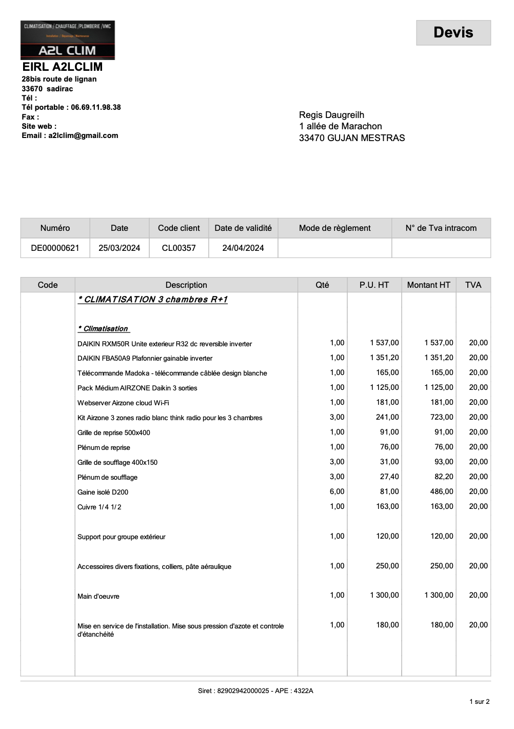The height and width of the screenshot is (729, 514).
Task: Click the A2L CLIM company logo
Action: tap(68, 40)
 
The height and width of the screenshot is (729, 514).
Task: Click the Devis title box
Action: tap(453, 33)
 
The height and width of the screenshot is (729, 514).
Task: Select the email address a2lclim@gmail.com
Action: tap(83, 135)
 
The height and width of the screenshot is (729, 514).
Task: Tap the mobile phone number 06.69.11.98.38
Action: tap(96, 107)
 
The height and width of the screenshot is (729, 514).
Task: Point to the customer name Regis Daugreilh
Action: tap(331, 115)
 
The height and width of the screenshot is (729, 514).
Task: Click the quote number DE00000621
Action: tap(55, 248)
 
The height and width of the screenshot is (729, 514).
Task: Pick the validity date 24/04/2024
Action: tap(243, 248)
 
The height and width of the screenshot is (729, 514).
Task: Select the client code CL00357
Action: tap(179, 248)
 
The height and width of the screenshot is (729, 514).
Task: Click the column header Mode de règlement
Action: tap(334, 228)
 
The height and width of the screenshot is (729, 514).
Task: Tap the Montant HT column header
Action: tap(428, 285)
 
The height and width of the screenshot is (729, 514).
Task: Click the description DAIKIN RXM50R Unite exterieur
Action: tap(165, 344)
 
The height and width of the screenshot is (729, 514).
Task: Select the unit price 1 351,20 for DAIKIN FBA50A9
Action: tap(384, 358)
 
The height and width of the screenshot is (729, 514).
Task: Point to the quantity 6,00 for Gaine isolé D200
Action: tap(337, 491)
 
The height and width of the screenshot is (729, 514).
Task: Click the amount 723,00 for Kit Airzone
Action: tap(442, 417)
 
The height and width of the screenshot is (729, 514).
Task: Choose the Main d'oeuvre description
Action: tap(98, 596)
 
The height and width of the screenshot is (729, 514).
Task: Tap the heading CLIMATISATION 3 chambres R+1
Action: tap(153, 300)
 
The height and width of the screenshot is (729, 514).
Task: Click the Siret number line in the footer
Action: tap(255, 691)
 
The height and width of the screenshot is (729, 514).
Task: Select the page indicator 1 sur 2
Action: tap(479, 701)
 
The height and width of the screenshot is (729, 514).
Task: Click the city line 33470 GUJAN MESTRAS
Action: tap(352, 138)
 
